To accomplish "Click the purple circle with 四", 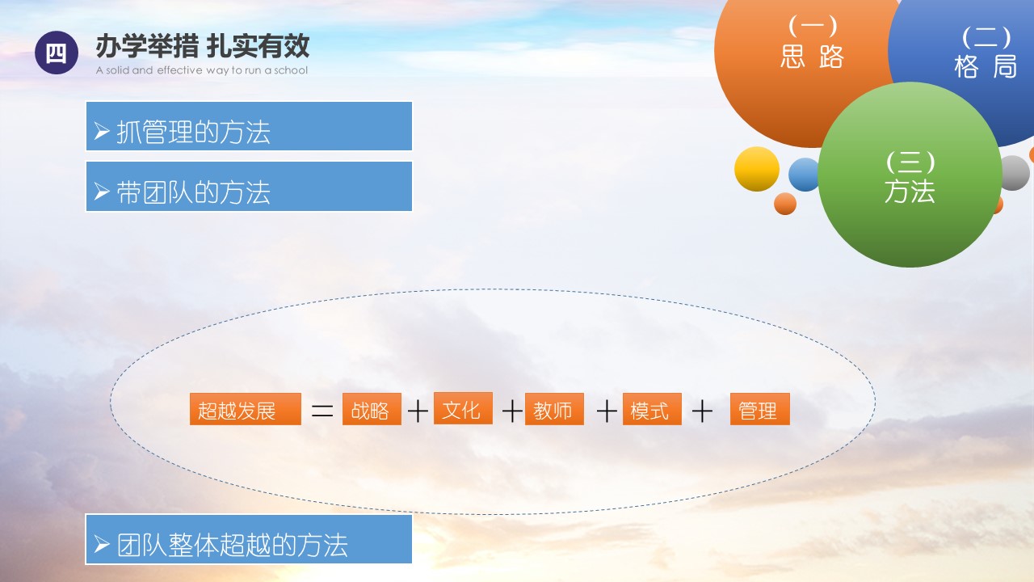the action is coord(57,53).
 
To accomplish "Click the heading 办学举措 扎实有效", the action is coord(203,46).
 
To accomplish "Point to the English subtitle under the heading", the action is coord(202,70).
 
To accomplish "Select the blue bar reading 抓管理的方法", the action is coord(249,126).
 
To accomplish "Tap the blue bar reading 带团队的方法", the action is coord(249,186).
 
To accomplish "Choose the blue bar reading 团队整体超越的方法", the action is coord(249,539).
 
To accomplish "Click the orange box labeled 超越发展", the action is coord(245,409).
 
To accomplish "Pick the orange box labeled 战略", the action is coord(372,409).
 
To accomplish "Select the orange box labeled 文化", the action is coord(463,408).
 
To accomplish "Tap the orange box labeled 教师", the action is coord(554,409).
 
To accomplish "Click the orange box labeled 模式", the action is coord(652,409).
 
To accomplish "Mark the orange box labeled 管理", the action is coord(760,409).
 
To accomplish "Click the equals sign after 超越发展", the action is coord(322,410).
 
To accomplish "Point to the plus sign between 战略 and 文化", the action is coord(418,411).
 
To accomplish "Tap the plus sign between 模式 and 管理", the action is coord(702,411).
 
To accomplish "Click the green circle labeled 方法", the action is coord(910,175).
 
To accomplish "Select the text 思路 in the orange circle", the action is coord(812,57).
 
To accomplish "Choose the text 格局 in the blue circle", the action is coord(986,66).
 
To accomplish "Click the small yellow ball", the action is coord(757,169).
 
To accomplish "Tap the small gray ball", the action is coord(1015,173).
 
